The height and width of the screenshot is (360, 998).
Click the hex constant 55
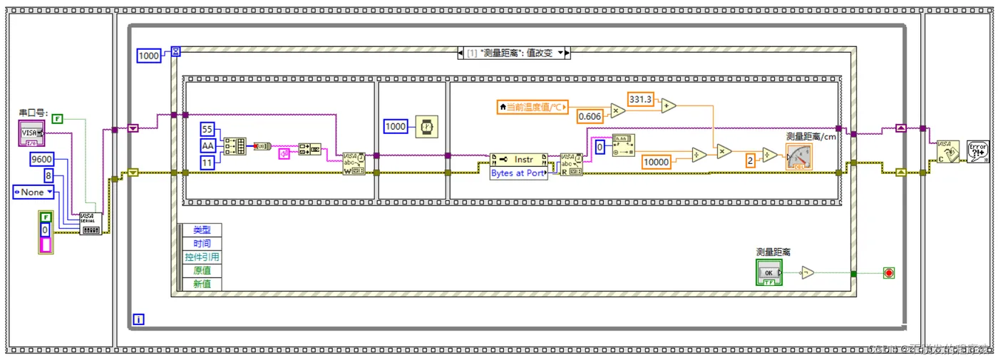click(207, 129)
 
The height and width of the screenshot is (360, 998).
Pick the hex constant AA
click(207, 145)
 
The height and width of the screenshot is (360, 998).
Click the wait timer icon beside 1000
click(426, 127)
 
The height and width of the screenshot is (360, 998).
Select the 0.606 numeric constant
click(590, 116)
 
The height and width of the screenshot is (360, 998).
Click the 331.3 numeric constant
click(640, 99)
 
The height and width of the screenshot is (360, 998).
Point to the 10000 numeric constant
click(656, 162)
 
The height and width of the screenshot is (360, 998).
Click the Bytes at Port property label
click(518, 173)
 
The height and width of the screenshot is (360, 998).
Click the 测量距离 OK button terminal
click(768, 272)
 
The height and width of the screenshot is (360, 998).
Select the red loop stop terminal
click(888, 272)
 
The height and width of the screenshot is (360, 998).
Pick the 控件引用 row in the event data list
click(202, 257)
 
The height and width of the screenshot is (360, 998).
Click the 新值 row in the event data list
click(202, 284)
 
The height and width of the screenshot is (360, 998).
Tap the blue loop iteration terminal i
click(138, 319)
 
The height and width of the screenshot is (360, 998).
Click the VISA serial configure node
click(91, 224)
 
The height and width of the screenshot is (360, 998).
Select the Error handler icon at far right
click(977, 151)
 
